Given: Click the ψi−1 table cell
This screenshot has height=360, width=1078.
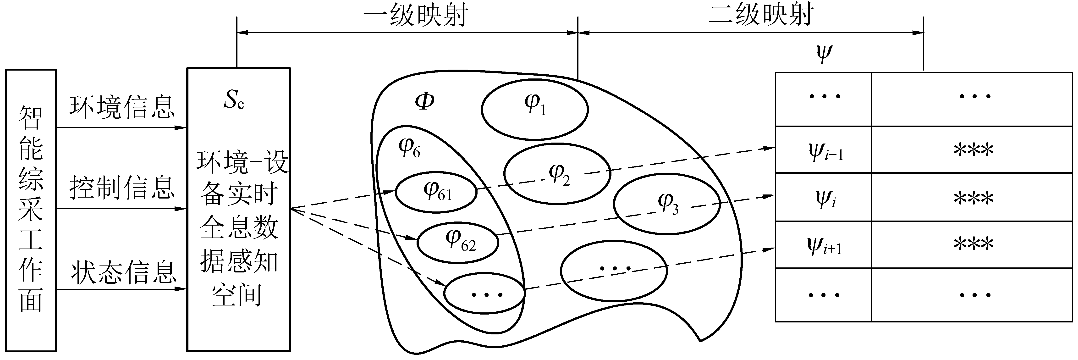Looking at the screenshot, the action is click(823, 150).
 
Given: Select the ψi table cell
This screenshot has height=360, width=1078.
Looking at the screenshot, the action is click(823, 197).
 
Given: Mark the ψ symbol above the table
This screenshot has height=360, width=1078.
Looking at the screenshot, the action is click(825, 54).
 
